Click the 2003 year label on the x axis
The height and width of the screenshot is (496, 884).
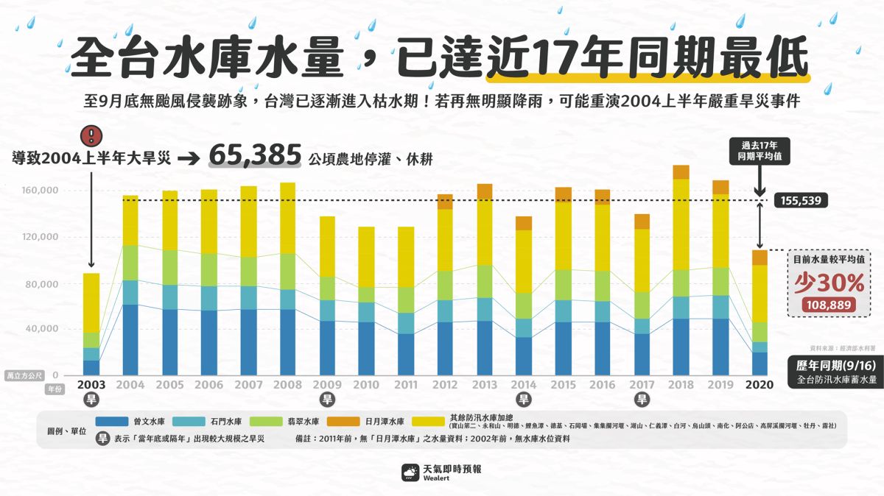(91, 385)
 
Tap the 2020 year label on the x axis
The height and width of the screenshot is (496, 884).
(759, 385)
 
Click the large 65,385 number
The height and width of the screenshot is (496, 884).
(255, 156)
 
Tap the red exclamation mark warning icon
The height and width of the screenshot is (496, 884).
(91, 135)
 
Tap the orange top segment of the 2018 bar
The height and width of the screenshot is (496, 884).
(681, 172)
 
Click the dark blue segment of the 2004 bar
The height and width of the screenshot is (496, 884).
(130, 339)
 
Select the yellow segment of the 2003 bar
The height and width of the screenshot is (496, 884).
(91, 302)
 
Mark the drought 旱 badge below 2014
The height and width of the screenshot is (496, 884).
(524, 400)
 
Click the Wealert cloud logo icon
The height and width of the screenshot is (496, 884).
(410, 472)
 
